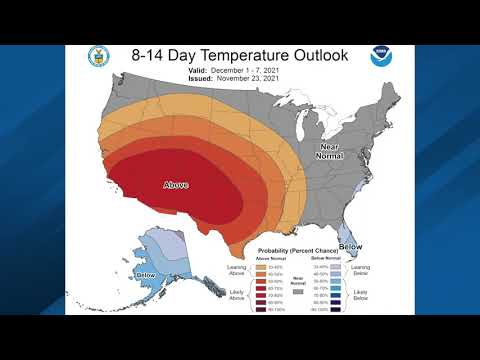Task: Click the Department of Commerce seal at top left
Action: (97, 56)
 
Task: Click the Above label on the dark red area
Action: (177, 184)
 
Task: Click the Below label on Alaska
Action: (146, 275)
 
